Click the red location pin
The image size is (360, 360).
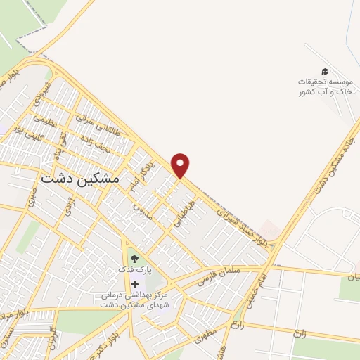tap(181, 165)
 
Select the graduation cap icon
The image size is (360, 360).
tap(324, 71)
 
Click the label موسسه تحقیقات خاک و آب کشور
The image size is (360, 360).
tap(324, 86)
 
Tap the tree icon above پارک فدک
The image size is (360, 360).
tap(134, 258)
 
